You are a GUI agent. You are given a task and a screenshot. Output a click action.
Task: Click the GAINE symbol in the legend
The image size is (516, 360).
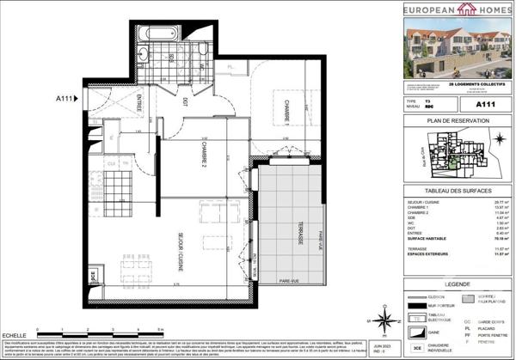pyautogui.click(x=416, y=329)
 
